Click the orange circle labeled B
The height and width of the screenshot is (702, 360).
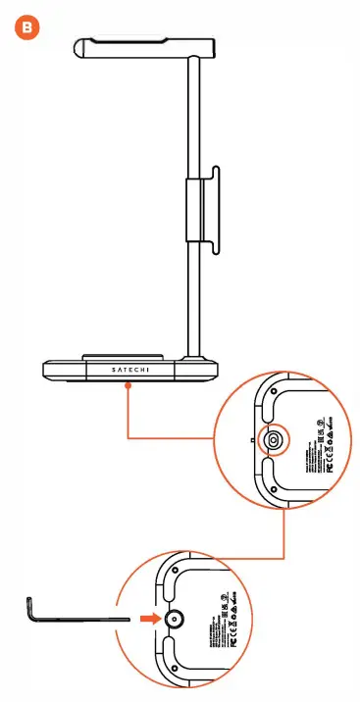(30, 29)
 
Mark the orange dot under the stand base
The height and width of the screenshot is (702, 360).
(129, 386)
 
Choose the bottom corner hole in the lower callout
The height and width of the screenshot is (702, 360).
(173, 665)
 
